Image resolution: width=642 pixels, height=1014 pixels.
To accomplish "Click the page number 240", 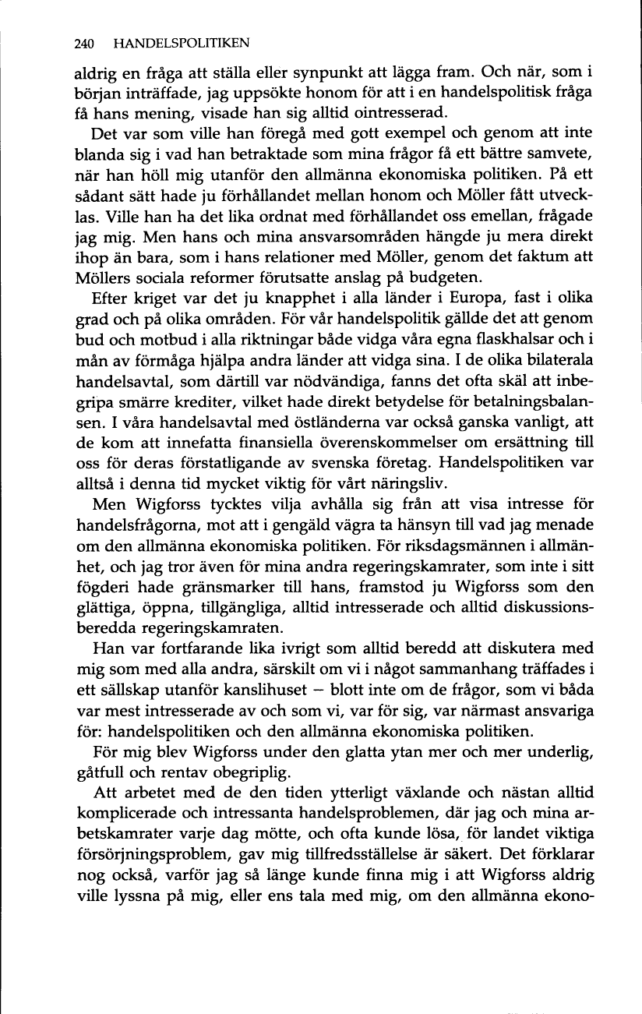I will [85, 44].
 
